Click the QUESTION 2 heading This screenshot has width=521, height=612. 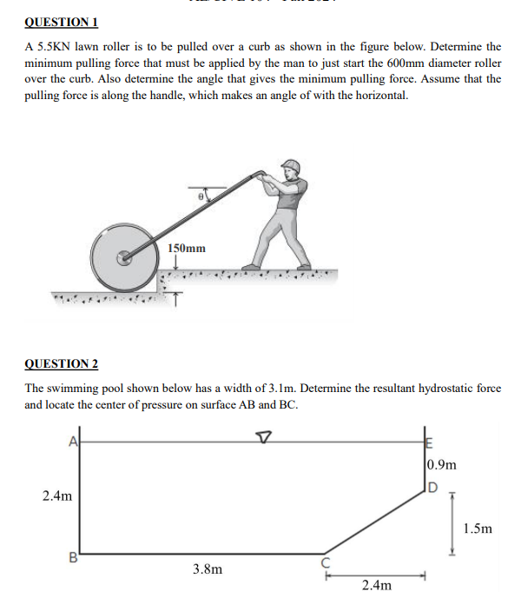(x=62, y=363)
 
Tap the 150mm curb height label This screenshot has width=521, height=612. (x=187, y=249)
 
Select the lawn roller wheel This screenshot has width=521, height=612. (x=124, y=257)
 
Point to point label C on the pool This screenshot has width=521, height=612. (x=328, y=562)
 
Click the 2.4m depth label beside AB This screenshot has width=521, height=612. (x=57, y=496)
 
